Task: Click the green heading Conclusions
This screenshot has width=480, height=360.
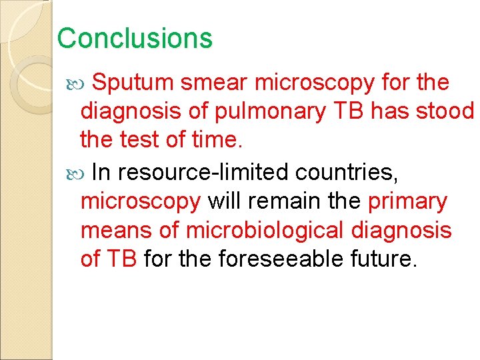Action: tap(135, 38)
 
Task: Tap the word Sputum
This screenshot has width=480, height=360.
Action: tap(133, 83)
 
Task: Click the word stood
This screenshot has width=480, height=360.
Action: tap(445, 111)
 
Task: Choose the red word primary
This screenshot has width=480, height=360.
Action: tap(407, 202)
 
